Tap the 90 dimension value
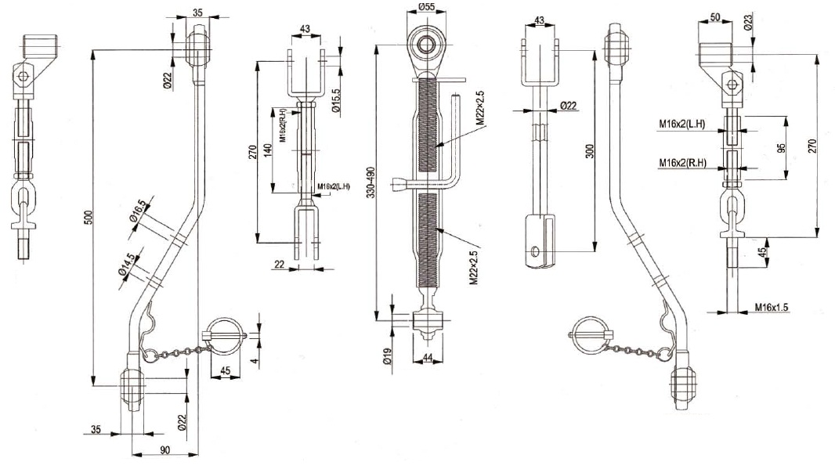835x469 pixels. coord(164,449)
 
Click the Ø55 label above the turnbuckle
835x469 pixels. coord(426,7)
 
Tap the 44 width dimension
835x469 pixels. coord(428,358)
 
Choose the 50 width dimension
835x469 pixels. coord(715,16)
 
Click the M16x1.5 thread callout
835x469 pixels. coord(771,307)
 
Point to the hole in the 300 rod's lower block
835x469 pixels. coord(534,252)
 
